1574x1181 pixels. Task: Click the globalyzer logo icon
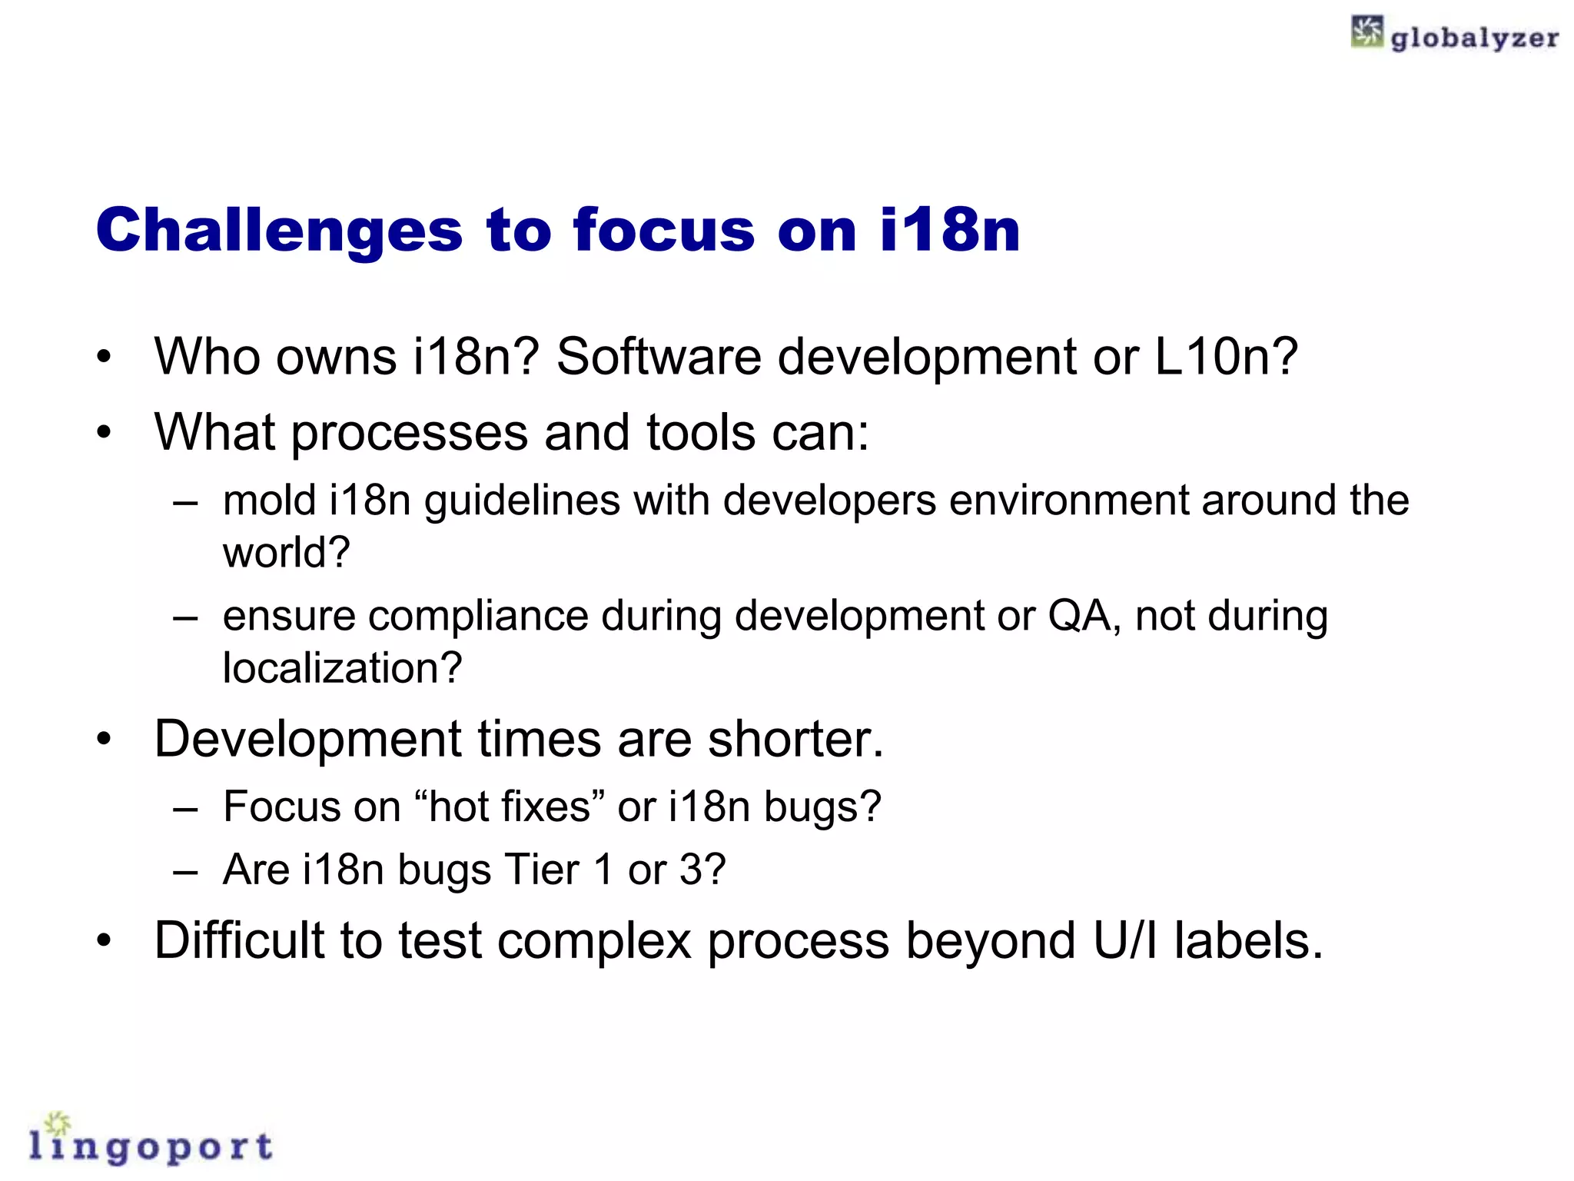[x=1367, y=32]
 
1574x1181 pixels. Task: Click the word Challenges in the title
[x=279, y=231]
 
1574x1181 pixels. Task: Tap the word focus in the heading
[x=664, y=230]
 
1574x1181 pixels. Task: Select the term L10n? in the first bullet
[x=1227, y=357]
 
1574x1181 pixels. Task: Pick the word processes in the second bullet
[x=410, y=434]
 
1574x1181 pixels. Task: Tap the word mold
[x=269, y=500]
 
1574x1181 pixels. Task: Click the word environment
[x=1069, y=500]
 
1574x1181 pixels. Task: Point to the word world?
[x=286, y=552]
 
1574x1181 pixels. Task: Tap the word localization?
[x=342, y=667]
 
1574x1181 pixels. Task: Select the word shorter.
[x=795, y=739]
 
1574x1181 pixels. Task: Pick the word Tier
[x=540, y=870]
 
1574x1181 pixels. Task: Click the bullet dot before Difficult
[x=105, y=940]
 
